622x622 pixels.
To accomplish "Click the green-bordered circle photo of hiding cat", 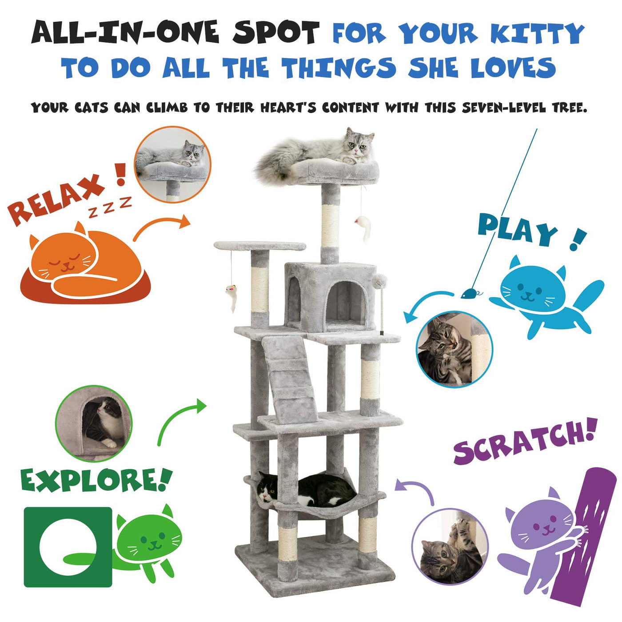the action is [94, 423].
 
